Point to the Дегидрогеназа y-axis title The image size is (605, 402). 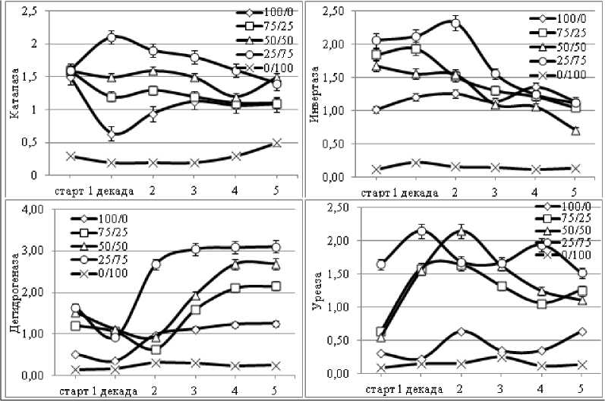13,293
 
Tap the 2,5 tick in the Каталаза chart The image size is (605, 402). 28,11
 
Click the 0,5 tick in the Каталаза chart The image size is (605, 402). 28,142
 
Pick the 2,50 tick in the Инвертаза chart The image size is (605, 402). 334,11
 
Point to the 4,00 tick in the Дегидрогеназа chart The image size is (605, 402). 31,209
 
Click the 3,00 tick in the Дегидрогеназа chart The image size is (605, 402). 31,251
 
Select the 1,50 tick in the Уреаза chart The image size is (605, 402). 334,274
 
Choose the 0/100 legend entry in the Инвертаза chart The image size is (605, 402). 561,77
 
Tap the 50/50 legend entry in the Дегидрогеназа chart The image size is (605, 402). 111,247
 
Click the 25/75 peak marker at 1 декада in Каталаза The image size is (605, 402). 112,36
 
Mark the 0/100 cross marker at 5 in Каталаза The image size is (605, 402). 276,142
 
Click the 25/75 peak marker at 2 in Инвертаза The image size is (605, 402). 455,23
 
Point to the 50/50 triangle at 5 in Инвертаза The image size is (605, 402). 575,131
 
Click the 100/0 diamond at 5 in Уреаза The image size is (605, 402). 582,331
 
